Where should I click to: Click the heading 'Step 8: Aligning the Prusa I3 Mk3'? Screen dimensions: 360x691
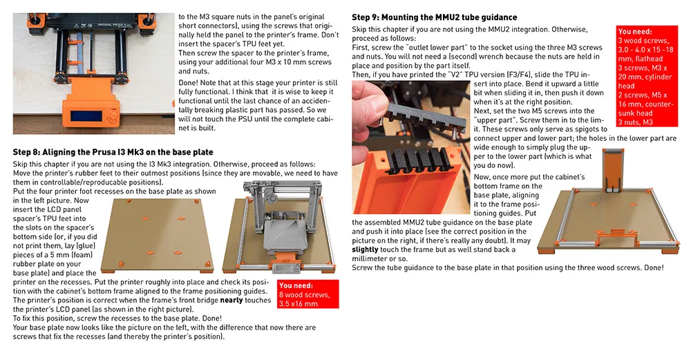point(113,152)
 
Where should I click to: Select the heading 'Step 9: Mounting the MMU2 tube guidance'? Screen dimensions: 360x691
point(434,17)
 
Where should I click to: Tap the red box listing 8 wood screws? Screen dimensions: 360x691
point(307,294)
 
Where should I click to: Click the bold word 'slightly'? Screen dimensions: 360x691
point(366,249)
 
